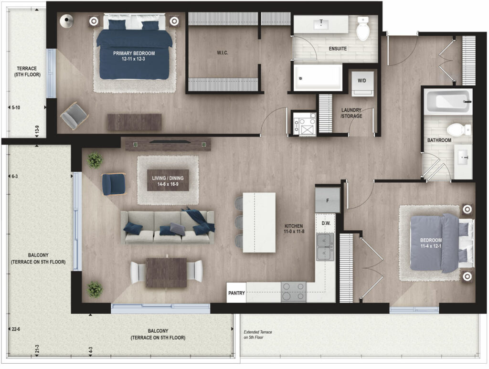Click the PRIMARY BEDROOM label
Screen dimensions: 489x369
click(x=134, y=56)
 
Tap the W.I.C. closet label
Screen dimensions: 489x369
click(x=223, y=53)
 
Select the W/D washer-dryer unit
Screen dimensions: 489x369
click(x=362, y=83)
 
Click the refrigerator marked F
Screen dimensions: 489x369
click(x=328, y=200)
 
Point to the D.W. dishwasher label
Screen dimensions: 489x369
click(x=326, y=223)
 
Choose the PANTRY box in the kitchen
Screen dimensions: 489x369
click(x=236, y=293)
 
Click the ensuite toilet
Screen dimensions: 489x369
click(x=363, y=28)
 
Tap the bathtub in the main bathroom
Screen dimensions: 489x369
click(x=448, y=101)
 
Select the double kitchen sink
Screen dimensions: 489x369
click(x=325, y=247)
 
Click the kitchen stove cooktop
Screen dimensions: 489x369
click(x=294, y=292)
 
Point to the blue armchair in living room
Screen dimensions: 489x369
click(x=114, y=184)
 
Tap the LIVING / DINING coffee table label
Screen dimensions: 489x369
click(x=168, y=181)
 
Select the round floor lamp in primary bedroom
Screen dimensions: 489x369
click(x=67, y=21)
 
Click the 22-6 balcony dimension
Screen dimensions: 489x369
click(x=16, y=329)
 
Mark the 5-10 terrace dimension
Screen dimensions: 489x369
click(x=16, y=107)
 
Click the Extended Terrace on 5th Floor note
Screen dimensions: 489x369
click(x=257, y=335)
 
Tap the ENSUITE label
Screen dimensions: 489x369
click(x=338, y=49)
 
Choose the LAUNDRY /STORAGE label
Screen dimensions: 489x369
click(x=351, y=113)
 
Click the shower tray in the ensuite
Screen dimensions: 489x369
click(x=318, y=78)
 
